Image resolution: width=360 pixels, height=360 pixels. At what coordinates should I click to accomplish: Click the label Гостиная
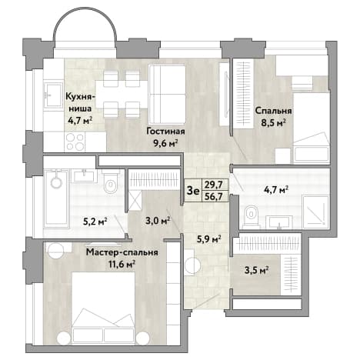(x=165, y=132)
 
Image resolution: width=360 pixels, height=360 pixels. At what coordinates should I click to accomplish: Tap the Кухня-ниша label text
(x=80, y=103)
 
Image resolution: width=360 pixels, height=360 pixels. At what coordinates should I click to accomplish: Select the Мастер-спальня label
(x=122, y=252)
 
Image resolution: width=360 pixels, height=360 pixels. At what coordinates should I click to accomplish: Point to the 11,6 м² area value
(x=122, y=264)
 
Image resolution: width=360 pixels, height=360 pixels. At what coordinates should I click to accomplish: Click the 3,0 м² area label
(x=158, y=221)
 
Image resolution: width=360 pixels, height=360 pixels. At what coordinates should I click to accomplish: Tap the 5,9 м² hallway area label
(x=209, y=239)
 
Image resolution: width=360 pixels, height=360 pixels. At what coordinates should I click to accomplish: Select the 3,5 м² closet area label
(x=256, y=270)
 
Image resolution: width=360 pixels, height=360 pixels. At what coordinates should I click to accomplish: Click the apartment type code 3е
(x=193, y=191)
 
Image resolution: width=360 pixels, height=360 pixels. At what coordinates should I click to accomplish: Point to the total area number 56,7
(x=213, y=197)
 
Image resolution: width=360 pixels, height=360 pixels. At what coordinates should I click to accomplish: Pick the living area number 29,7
(x=213, y=185)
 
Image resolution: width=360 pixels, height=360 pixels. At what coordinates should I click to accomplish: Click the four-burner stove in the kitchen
(x=75, y=142)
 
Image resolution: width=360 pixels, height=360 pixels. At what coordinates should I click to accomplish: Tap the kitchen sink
(x=53, y=94)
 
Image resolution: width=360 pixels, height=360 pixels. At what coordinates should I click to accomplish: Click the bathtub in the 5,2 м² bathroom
(x=56, y=198)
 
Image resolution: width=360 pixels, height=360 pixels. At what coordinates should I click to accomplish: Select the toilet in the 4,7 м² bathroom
(x=251, y=215)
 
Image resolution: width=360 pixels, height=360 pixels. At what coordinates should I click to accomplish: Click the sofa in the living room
(x=167, y=95)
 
